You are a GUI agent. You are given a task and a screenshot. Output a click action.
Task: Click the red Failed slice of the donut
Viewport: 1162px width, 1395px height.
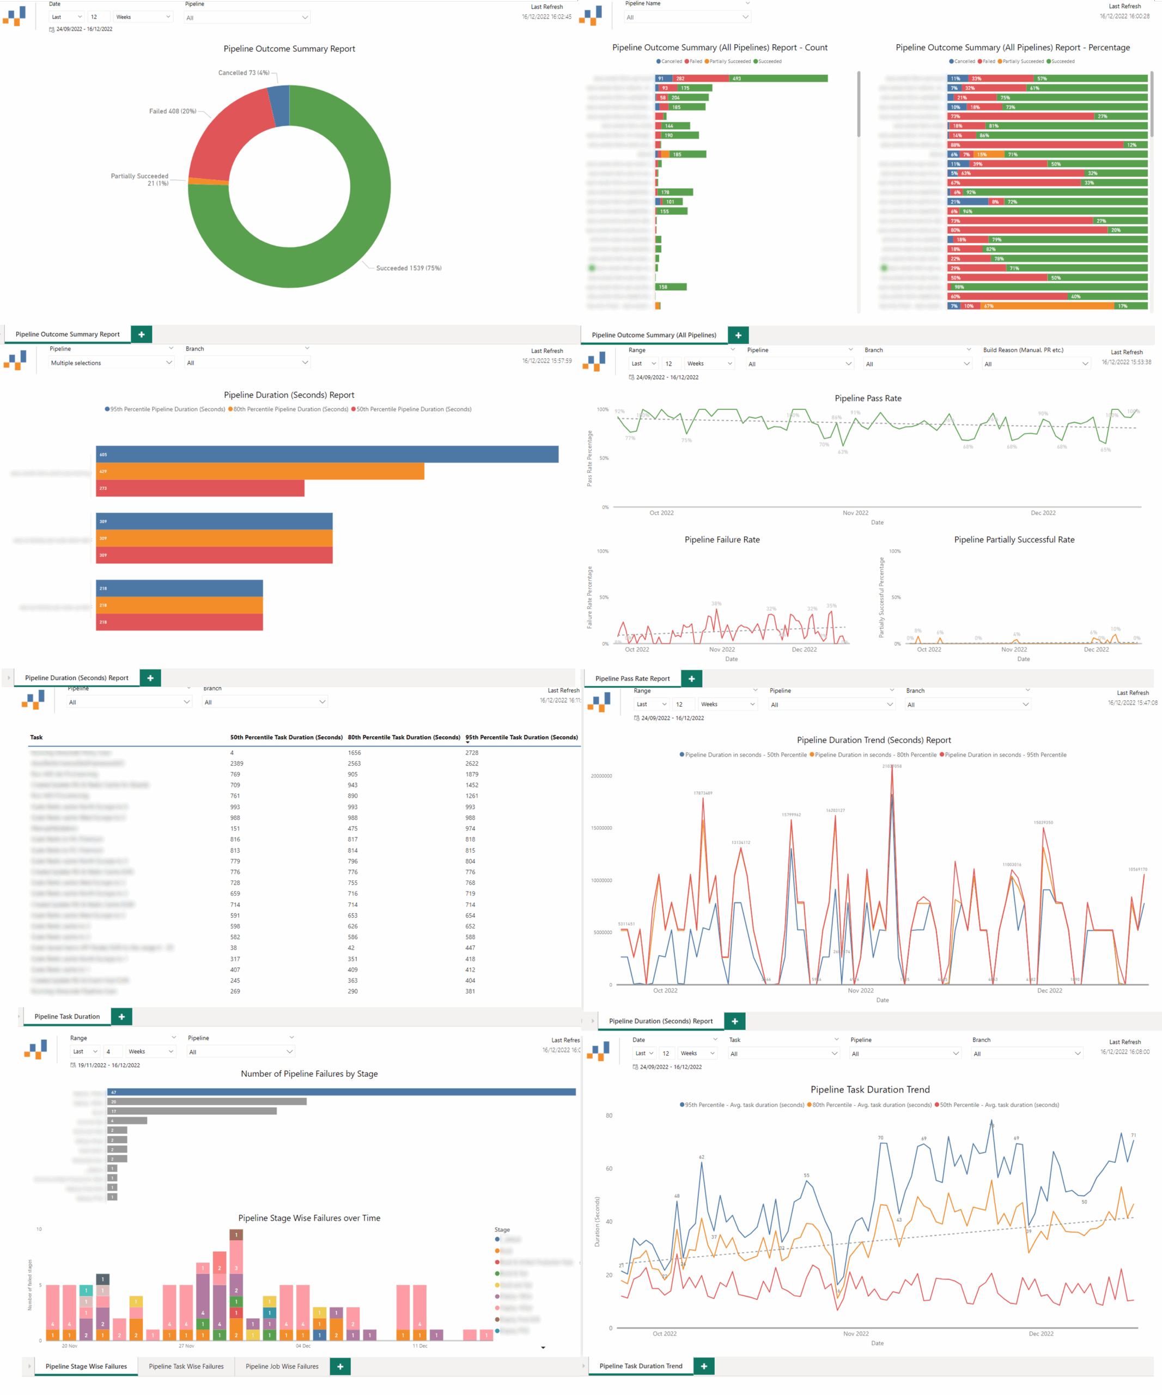(226, 143)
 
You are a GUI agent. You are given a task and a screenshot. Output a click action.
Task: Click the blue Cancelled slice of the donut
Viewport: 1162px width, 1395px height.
(280, 106)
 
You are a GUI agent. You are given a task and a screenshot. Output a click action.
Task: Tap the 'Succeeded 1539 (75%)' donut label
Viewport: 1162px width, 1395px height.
(409, 268)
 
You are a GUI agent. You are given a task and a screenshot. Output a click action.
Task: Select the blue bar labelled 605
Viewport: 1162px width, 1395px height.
(327, 454)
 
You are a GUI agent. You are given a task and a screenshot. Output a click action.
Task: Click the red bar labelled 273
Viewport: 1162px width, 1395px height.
(200, 488)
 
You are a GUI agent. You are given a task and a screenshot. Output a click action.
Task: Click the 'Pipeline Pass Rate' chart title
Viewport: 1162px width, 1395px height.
(867, 398)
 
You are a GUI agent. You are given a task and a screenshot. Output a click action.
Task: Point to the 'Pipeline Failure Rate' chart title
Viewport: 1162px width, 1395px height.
(722, 540)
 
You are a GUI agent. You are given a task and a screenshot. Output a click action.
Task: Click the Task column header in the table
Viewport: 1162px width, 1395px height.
(36, 737)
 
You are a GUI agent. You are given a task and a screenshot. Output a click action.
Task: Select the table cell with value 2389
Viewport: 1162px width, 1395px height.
(237, 764)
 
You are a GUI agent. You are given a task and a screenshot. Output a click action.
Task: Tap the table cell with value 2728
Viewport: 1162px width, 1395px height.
(471, 753)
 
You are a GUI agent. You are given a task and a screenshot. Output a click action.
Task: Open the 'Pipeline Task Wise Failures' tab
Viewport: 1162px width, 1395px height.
(186, 1367)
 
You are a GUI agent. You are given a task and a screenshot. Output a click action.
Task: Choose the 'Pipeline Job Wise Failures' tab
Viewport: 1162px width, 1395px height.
(282, 1367)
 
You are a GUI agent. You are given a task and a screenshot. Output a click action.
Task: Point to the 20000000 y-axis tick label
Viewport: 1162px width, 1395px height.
(601, 776)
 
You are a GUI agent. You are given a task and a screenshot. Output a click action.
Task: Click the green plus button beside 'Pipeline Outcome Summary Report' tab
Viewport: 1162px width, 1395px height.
(142, 334)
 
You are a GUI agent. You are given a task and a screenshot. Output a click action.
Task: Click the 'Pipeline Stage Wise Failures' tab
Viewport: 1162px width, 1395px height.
(86, 1367)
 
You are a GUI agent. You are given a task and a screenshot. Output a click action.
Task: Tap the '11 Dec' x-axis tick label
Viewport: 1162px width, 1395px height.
(419, 1346)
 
